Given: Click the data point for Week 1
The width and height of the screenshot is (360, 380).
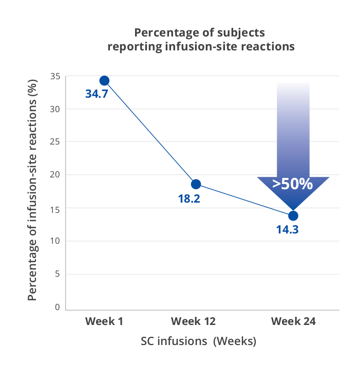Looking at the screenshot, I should pos(104,80).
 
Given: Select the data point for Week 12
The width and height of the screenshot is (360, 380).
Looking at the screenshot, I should pos(196,184).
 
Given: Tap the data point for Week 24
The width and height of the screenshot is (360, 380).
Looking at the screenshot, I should pos(293,215).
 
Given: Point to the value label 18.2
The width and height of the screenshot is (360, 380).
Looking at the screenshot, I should pos(188,198).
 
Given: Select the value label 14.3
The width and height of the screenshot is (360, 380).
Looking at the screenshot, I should pos(287,229).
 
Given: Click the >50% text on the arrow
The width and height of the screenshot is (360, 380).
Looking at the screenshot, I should pos(292,184).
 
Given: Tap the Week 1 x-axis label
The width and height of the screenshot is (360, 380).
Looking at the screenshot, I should pos(104,321).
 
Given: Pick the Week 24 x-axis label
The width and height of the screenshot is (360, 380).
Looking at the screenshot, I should pos(293,321).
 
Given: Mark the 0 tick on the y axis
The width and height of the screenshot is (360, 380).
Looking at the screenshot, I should pos(58,307).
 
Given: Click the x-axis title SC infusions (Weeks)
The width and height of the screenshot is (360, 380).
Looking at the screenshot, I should pos(198,341).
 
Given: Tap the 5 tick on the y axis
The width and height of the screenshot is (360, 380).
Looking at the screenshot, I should pos(58,274).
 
